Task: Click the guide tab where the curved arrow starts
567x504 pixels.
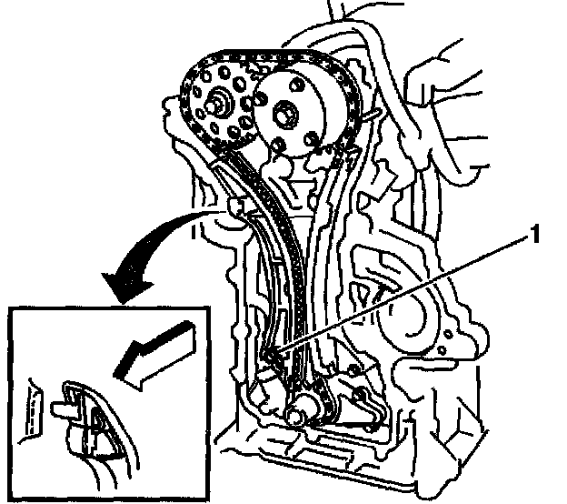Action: click(238, 209)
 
